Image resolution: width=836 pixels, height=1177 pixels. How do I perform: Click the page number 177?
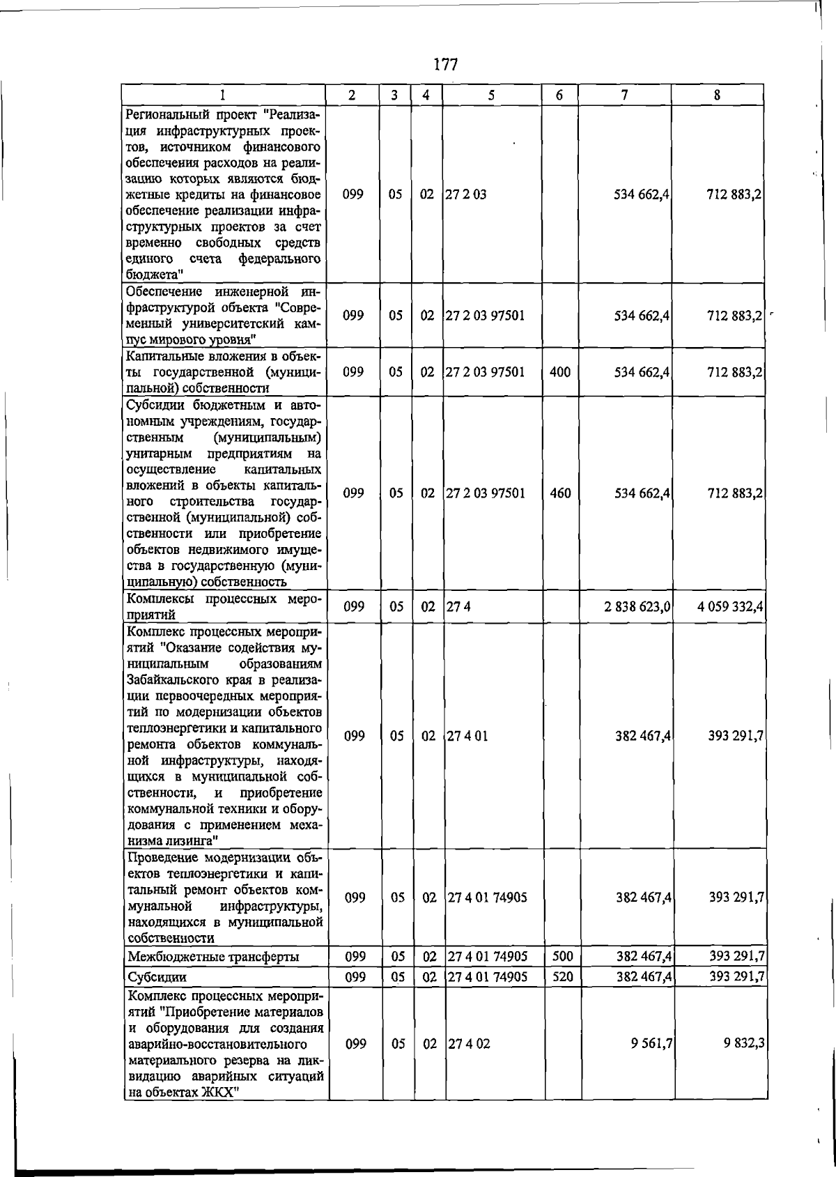[x=445, y=65]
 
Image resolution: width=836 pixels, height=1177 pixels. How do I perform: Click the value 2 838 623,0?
[x=637, y=606]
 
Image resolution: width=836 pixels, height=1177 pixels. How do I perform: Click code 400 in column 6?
[x=560, y=372]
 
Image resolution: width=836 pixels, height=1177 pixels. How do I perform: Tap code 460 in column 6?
[x=560, y=493]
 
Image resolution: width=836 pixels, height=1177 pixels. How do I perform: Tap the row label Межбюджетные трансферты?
[x=213, y=957]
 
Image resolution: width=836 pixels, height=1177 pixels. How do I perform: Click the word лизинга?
[x=187, y=840]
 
